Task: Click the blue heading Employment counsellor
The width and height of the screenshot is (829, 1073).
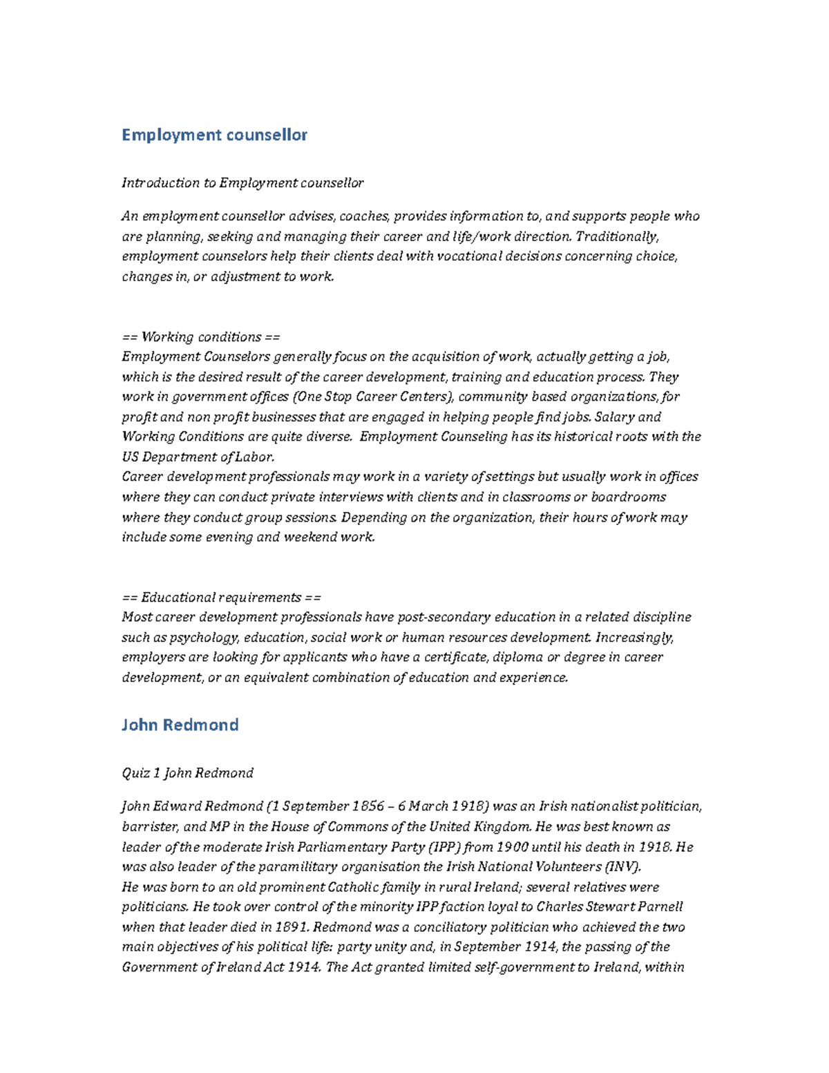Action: (x=214, y=135)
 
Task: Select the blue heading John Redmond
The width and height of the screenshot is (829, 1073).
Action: (x=180, y=725)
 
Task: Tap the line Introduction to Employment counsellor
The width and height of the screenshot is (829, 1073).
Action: (x=242, y=183)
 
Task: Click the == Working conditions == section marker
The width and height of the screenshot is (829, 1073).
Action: (x=201, y=337)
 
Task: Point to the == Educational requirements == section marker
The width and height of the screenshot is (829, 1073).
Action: (x=221, y=598)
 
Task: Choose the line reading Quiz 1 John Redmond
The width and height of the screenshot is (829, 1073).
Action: (x=187, y=773)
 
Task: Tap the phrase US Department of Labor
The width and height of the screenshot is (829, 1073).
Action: (x=198, y=457)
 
